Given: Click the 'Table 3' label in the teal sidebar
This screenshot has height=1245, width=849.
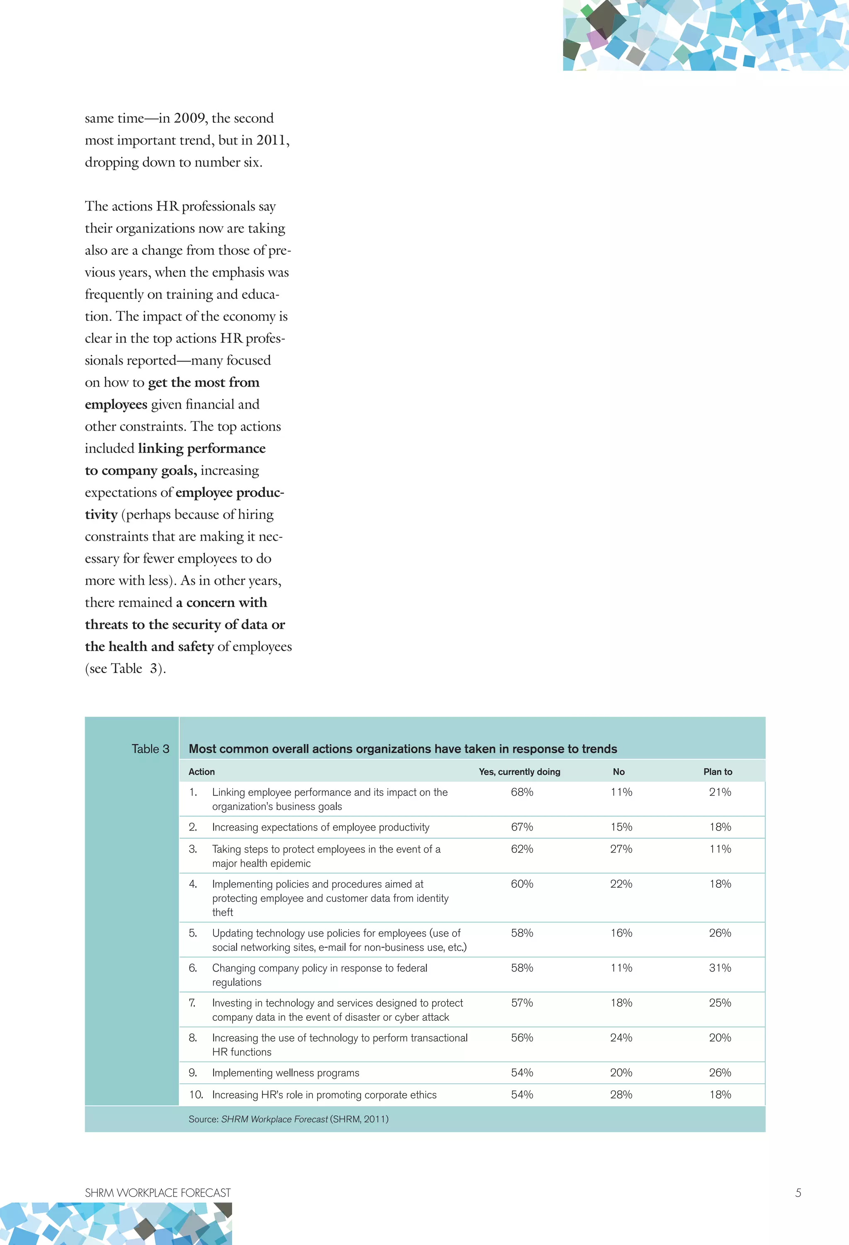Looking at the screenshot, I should [x=150, y=749].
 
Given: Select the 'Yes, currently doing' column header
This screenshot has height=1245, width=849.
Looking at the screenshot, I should [x=519, y=772].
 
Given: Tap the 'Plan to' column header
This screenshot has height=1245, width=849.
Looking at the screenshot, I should [x=718, y=772].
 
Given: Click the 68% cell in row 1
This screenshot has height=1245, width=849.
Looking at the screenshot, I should [x=522, y=792].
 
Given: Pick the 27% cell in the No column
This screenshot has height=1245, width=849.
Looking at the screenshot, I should [x=621, y=849].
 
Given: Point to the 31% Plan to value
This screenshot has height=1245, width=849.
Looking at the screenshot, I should [x=720, y=968].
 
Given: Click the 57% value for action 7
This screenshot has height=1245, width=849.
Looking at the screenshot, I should [x=522, y=1003].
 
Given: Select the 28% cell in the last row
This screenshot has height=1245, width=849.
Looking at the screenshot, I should [x=621, y=1095].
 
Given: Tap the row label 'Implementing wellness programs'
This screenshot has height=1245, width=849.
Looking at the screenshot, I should [x=286, y=1073].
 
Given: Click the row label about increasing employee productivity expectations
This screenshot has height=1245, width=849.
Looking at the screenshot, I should [x=320, y=827].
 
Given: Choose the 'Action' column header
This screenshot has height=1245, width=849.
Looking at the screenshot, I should [x=201, y=772].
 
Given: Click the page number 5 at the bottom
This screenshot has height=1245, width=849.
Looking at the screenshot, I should [x=798, y=1193].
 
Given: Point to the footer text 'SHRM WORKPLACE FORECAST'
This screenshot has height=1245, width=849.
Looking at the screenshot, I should [x=158, y=1193].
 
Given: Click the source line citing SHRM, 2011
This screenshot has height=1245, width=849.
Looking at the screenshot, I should [x=289, y=1119].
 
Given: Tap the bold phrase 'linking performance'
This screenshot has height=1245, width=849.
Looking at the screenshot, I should [x=201, y=448].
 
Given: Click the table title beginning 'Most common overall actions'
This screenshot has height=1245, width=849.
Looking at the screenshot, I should [x=403, y=749].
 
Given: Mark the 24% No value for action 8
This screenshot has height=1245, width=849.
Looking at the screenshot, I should [x=621, y=1038].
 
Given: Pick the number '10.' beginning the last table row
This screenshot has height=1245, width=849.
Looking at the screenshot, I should [x=196, y=1095].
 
